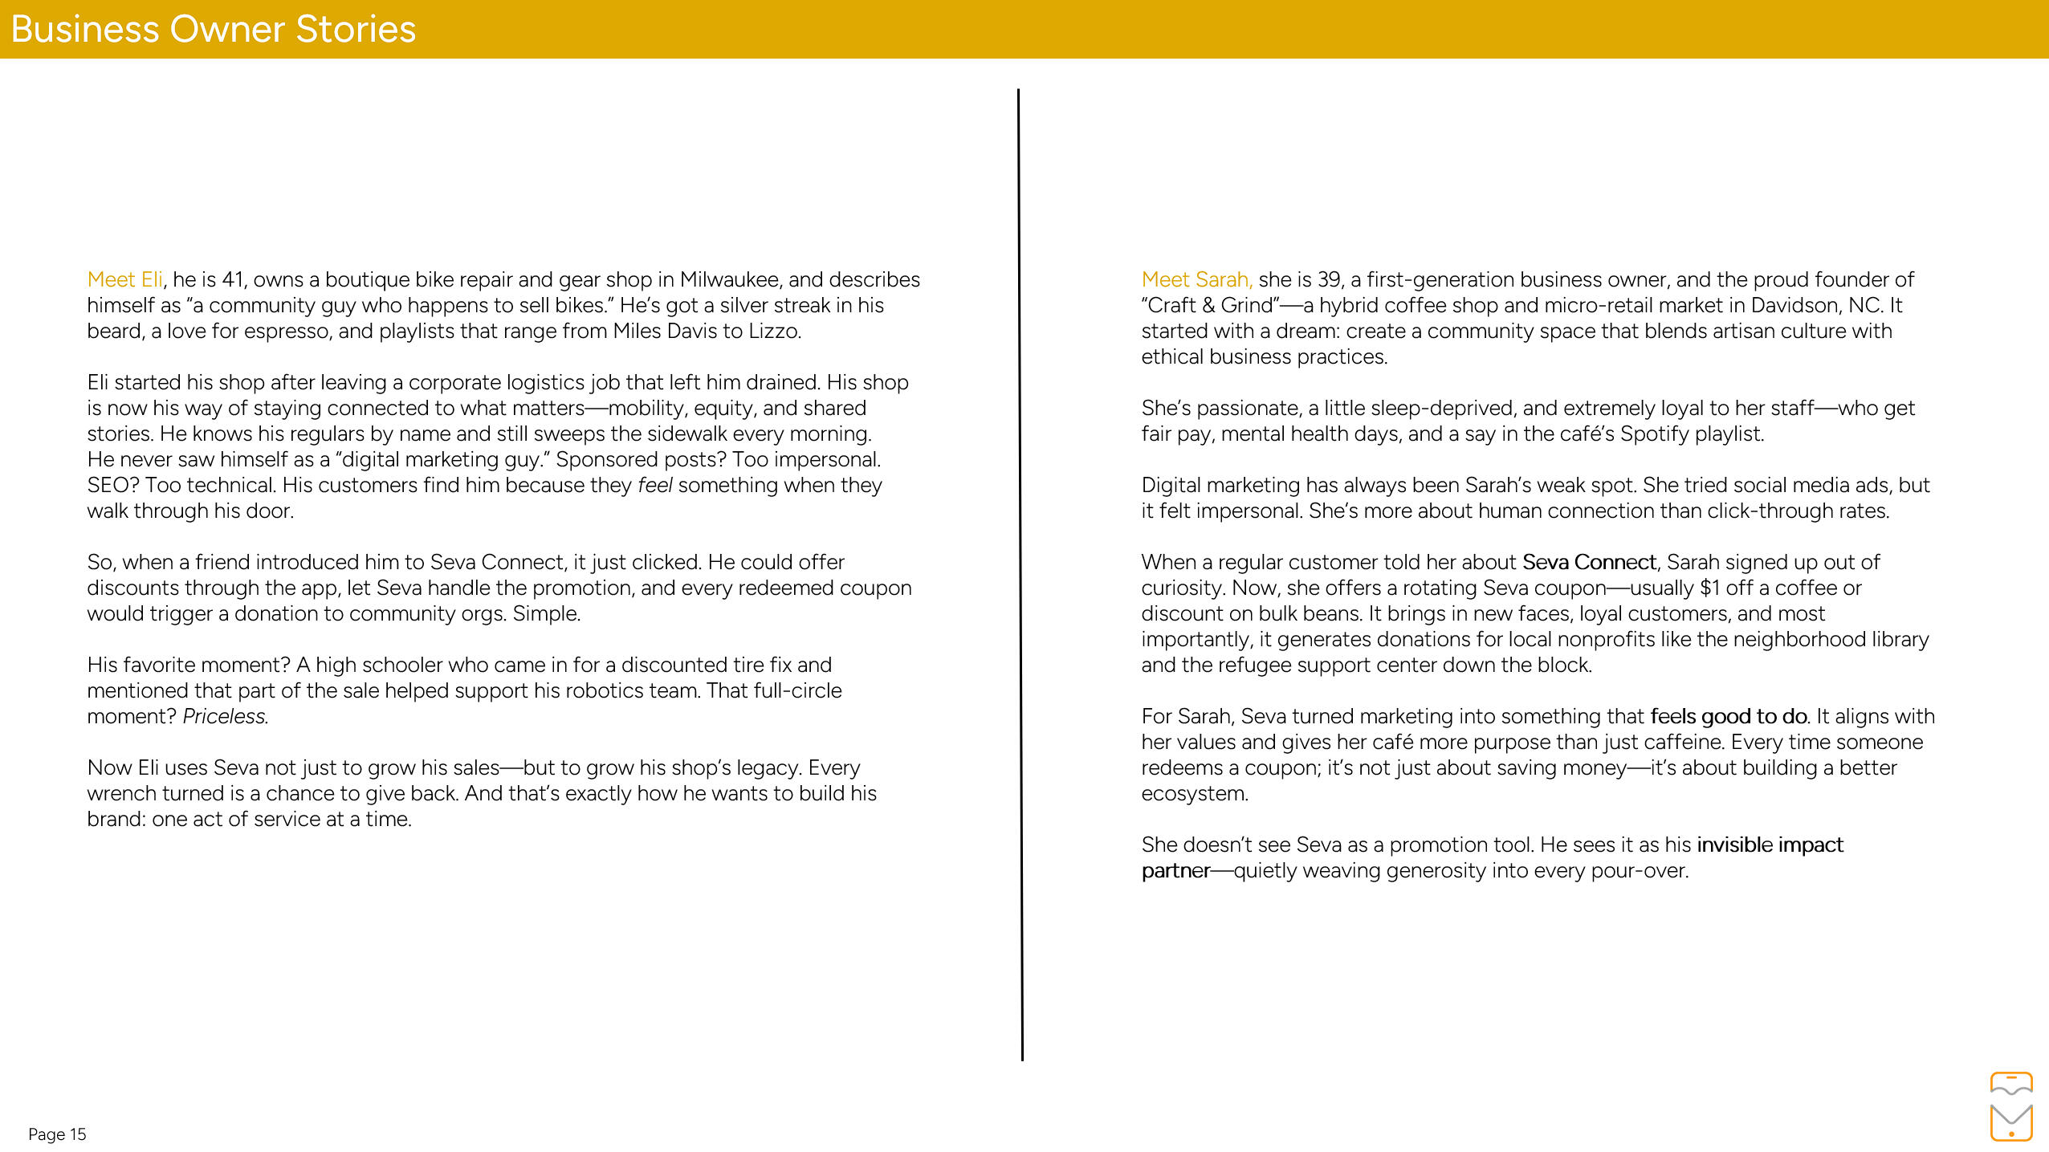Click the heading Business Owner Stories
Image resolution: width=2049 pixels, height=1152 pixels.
pos(213,30)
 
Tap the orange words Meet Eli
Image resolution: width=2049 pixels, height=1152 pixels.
pos(124,279)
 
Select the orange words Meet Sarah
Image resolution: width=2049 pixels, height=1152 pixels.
pos(1196,279)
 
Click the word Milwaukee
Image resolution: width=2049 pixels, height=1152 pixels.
pos(729,279)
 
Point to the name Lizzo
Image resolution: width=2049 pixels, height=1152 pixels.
pos(773,331)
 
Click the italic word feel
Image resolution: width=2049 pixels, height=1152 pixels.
pos(654,485)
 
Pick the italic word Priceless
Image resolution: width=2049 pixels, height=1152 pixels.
pos(225,716)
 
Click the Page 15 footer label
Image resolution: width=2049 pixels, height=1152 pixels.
pos(57,1134)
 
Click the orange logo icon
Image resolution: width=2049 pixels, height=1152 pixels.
pos(2010,1106)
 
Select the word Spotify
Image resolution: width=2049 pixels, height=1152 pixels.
pos(1656,434)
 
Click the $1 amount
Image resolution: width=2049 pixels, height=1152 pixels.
pos(1709,588)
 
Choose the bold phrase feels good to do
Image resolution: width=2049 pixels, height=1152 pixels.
pos(1729,716)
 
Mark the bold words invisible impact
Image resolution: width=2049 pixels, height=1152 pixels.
pos(1770,845)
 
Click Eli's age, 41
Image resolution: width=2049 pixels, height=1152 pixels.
pos(232,279)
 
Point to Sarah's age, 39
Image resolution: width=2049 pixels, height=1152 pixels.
pos(1329,279)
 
